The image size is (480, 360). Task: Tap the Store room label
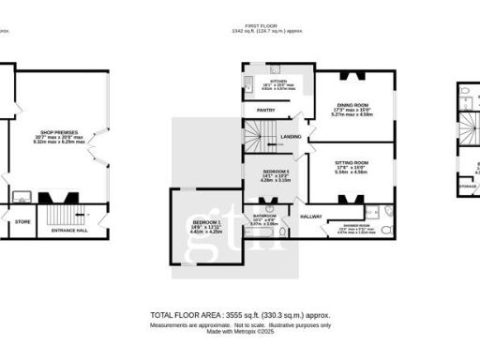pos(22,221)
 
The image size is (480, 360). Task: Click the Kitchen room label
pos(277,82)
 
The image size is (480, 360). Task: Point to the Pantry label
pos(265,110)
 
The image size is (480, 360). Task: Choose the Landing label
pos(291,137)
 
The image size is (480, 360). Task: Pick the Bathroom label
pos(263,215)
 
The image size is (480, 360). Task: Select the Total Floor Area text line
pos(241,315)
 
